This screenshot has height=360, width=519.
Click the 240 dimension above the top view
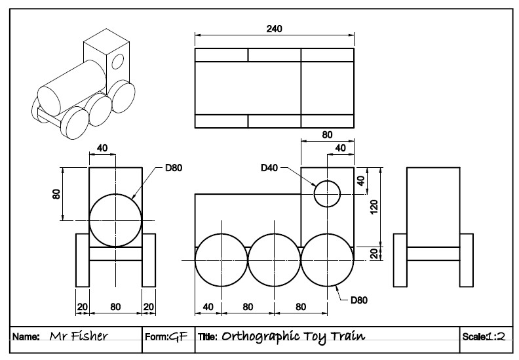click(275, 28)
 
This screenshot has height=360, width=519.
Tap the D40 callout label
click(269, 168)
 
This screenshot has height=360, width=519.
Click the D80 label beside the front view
click(174, 168)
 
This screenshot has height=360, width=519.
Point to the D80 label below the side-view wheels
click(359, 301)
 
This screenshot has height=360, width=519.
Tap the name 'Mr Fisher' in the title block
click(79, 336)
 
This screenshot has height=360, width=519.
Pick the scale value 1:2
click(495, 336)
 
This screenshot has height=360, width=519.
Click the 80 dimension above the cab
click(327, 134)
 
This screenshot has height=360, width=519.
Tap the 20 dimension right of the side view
click(374, 253)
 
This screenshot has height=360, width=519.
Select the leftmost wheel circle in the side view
click(221, 260)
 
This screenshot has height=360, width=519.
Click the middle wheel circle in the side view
click(275, 260)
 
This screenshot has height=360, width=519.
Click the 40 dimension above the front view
click(102, 148)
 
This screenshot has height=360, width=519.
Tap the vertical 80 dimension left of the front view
click(56, 194)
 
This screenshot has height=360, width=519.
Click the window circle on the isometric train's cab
click(119, 62)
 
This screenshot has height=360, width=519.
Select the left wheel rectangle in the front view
click(83, 260)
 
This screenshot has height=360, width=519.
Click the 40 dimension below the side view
click(208, 306)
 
